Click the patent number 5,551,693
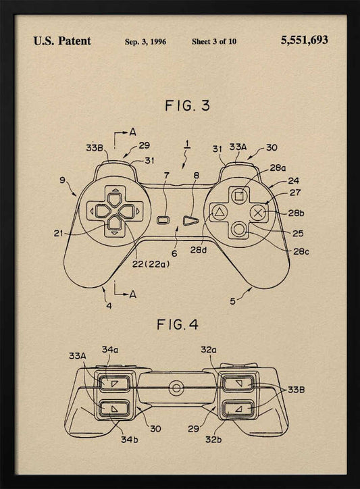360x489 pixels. pos(304,41)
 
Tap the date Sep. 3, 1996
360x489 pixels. pos(146,42)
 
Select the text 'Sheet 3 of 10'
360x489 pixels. pos(214,42)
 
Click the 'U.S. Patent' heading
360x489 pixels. pos(62,41)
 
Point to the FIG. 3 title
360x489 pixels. pos(178,105)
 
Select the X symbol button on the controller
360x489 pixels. pos(257,212)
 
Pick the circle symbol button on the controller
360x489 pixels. pos(238,228)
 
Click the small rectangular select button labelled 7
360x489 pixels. pos(163,220)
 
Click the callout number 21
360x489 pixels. pos(58,233)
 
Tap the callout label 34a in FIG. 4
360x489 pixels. pos(110,350)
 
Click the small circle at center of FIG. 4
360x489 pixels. pos(175,388)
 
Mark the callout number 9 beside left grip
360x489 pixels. pos(62,180)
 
